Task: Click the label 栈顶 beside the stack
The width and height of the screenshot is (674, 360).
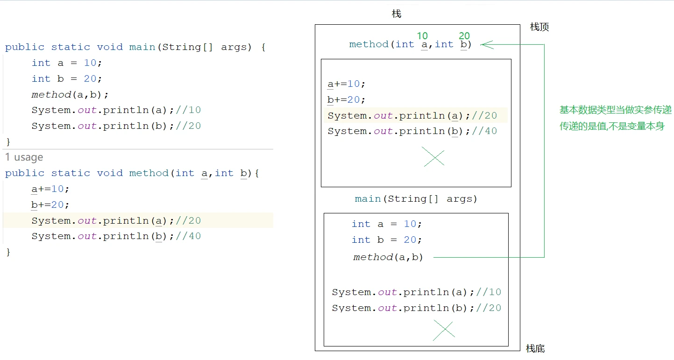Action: coord(539,27)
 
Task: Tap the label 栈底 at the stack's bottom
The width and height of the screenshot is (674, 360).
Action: coord(535,349)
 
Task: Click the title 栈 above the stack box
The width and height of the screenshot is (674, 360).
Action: coord(397,14)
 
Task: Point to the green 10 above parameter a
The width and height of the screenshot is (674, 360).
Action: coord(422,36)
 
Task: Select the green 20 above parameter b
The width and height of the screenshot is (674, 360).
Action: coord(464,36)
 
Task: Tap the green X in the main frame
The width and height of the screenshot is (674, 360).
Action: coord(444,330)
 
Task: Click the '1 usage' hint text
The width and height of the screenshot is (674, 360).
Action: coord(24,157)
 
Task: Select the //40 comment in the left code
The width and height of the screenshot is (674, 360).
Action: coord(188,236)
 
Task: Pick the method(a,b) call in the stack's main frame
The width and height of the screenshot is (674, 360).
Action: coord(388,257)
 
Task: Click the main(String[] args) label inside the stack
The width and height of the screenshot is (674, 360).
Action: coord(416,199)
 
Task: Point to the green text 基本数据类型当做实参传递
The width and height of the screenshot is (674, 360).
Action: coord(615,110)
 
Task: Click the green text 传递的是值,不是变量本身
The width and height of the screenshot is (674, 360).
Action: coord(612,126)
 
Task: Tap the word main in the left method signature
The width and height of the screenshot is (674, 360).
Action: coord(142,47)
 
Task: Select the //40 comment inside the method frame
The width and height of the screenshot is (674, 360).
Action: coord(484,131)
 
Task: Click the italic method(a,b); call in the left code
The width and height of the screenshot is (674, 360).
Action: coord(70,95)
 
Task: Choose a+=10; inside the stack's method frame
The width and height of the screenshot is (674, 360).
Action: coord(346,84)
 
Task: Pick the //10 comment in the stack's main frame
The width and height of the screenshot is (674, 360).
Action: coord(489,292)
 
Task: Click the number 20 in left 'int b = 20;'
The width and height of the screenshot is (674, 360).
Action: coord(90,79)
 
